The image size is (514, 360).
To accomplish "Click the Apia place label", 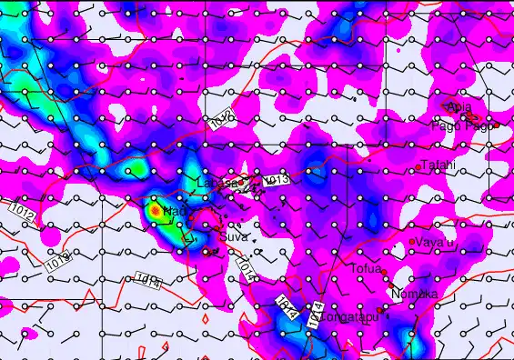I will point(460,108).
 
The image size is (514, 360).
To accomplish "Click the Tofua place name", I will point(367,268).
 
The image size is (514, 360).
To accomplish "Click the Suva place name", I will point(234,225).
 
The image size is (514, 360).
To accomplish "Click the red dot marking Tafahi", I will point(418,167).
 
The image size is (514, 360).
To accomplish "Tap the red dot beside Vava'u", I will point(412,242).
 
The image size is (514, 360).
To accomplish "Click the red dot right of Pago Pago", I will point(497,124).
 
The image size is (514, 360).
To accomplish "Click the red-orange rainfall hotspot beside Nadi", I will point(156,210).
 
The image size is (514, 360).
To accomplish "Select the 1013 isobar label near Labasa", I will point(277,180).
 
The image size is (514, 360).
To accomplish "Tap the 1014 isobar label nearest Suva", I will point(245,264).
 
